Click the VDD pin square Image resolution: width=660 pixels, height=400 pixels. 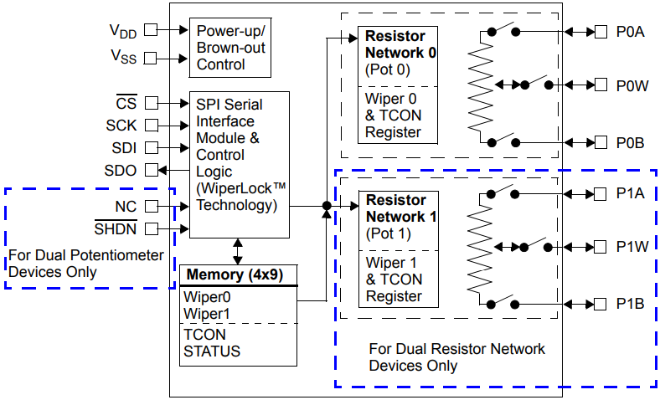point(151,29)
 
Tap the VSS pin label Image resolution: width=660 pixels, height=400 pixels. point(122,58)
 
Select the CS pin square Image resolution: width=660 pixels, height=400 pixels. point(151,104)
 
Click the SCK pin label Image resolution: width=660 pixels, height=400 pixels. point(121,126)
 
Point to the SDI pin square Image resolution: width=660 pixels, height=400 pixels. point(151,148)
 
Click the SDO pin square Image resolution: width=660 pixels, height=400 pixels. point(151,170)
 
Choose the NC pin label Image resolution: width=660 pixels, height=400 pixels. point(126,207)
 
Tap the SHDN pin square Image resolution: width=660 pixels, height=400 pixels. point(151,228)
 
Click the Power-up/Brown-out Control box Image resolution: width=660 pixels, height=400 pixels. point(230,47)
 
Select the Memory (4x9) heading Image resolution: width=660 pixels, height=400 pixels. point(238,274)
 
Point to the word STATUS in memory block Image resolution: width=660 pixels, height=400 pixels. point(211,351)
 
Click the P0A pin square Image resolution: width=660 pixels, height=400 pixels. point(600,32)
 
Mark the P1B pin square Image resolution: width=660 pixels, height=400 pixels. point(600,303)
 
